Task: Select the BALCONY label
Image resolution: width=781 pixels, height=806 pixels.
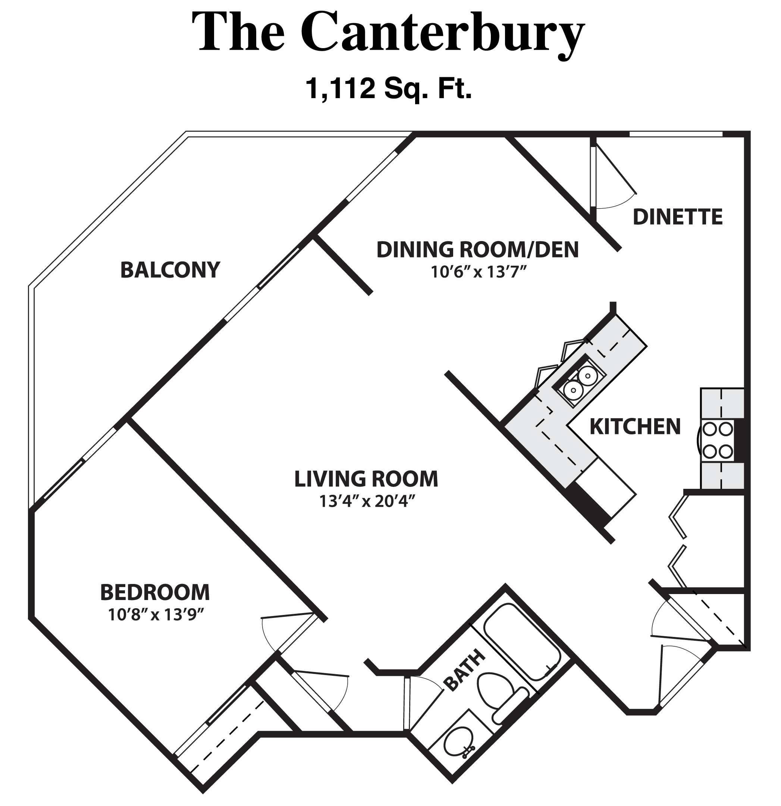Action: tap(170, 270)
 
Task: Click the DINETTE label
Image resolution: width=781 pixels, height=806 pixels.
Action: tap(677, 217)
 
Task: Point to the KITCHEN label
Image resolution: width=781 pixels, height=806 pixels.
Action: tap(635, 427)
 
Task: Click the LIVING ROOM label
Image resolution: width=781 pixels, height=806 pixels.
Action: tap(366, 479)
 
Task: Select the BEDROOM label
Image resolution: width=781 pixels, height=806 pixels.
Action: tap(155, 593)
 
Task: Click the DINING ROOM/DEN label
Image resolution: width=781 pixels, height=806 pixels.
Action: tap(478, 250)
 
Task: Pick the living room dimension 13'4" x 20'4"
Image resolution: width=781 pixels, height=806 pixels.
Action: tap(366, 501)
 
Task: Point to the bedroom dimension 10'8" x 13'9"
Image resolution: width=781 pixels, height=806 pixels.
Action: tap(156, 615)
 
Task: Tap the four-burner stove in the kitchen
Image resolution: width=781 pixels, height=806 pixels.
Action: tap(718, 440)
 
